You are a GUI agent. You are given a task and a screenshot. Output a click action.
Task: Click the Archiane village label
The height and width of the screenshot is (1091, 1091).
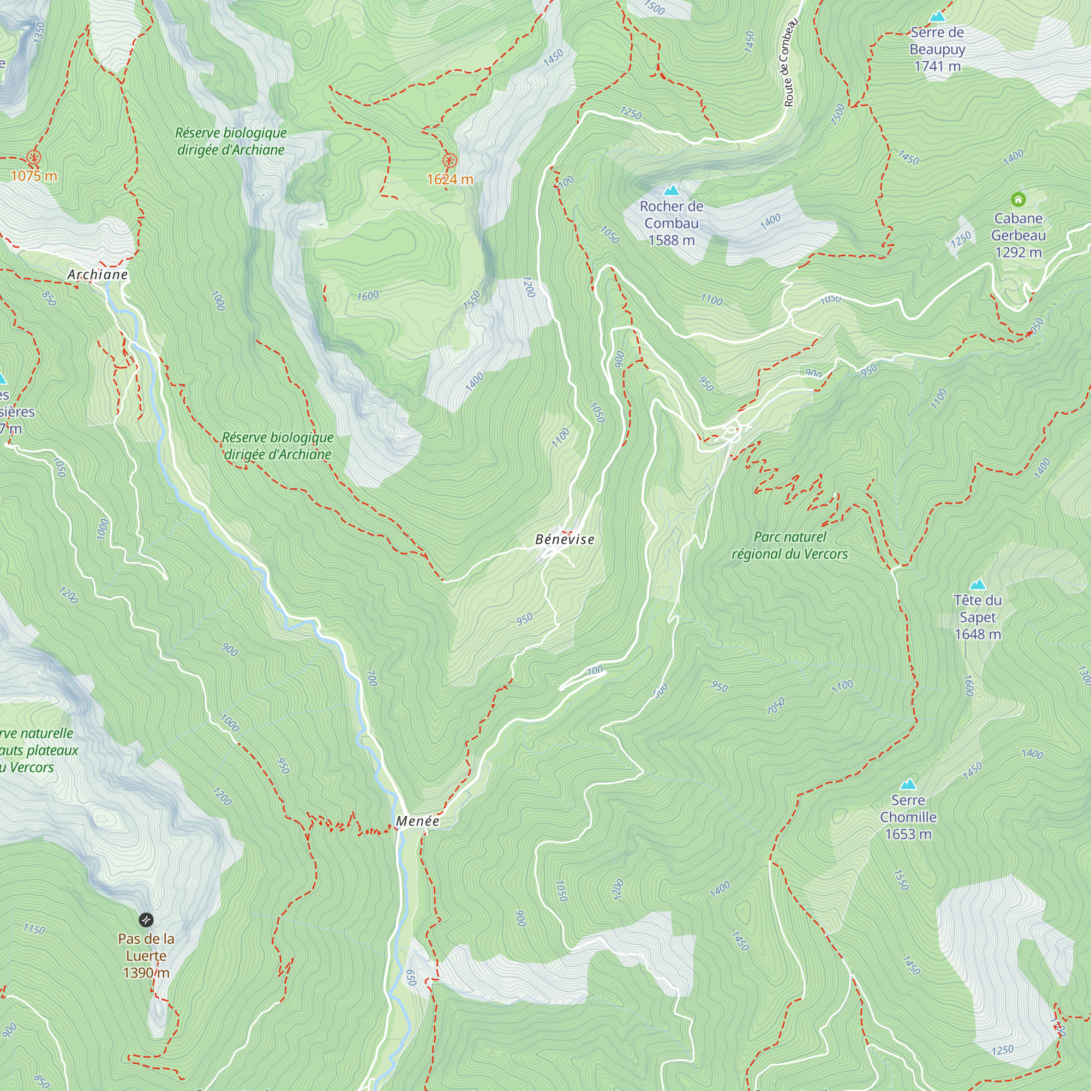pyautogui.click(x=97, y=275)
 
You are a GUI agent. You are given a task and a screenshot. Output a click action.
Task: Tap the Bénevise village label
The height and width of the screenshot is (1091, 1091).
pyautogui.click(x=565, y=540)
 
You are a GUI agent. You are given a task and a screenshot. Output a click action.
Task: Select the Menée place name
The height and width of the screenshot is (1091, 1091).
pyautogui.click(x=417, y=822)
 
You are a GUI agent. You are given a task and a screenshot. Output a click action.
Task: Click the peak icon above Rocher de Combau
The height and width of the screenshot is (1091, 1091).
pyautogui.click(x=671, y=191)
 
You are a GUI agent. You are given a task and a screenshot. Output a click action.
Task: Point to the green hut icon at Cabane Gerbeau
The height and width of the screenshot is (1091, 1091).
pyautogui.click(x=1017, y=199)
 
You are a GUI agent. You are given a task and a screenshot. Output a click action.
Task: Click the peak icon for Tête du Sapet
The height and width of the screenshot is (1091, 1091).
pyautogui.click(x=978, y=584)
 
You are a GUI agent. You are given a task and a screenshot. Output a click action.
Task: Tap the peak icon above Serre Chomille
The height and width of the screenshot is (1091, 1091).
pyautogui.click(x=908, y=784)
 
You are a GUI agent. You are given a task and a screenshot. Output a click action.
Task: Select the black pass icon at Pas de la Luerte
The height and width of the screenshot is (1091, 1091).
pyautogui.click(x=146, y=920)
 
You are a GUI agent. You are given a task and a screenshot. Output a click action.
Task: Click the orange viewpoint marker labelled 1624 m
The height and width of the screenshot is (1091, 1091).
pyautogui.click(x=449, y=161)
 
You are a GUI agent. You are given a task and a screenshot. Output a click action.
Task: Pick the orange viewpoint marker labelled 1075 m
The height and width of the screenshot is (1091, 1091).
pyautogui.click(x=34, y=157)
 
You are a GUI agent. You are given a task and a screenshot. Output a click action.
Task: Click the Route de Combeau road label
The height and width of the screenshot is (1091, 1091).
pyautogui.click(x=790, y=63)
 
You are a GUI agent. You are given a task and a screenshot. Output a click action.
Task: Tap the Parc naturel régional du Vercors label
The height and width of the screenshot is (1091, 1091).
pyautogui.click(x=789, y=545)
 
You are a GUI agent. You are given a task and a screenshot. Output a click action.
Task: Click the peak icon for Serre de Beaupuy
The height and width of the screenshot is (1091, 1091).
pyautogui.click(x=937, y=16)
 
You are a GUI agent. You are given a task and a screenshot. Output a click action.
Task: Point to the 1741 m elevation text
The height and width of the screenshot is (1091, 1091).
pyautogui.click(x=937, y=67)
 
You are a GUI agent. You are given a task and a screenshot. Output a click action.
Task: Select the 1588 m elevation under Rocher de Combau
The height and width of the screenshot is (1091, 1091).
pyautogui.click(x=672, y=241)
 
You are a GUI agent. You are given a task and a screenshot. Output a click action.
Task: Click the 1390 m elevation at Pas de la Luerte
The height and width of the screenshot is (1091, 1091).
pyautogui.click(x=146, y=973)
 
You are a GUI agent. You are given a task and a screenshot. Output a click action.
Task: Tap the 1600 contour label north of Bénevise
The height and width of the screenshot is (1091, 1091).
pyautogui.click(x=368, y=296)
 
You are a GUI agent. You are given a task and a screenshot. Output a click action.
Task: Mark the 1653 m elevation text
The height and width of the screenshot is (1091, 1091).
pyautogui.click(x=908, y=835)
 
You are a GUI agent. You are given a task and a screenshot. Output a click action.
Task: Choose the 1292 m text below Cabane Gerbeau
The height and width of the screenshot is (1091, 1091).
pyautogui.click(x=1018, y=253)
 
